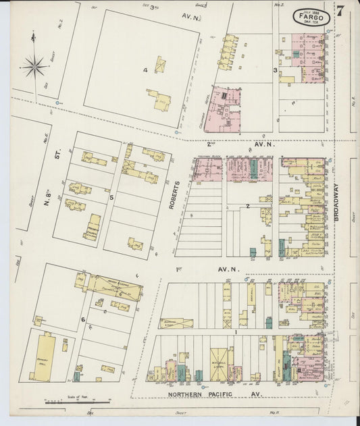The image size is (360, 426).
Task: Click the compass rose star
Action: (x=32, y=65)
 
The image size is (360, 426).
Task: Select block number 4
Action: (x=145, y=70)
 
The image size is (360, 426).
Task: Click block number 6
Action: (x=83, y=319)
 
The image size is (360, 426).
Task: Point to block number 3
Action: (x=275, y=70)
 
